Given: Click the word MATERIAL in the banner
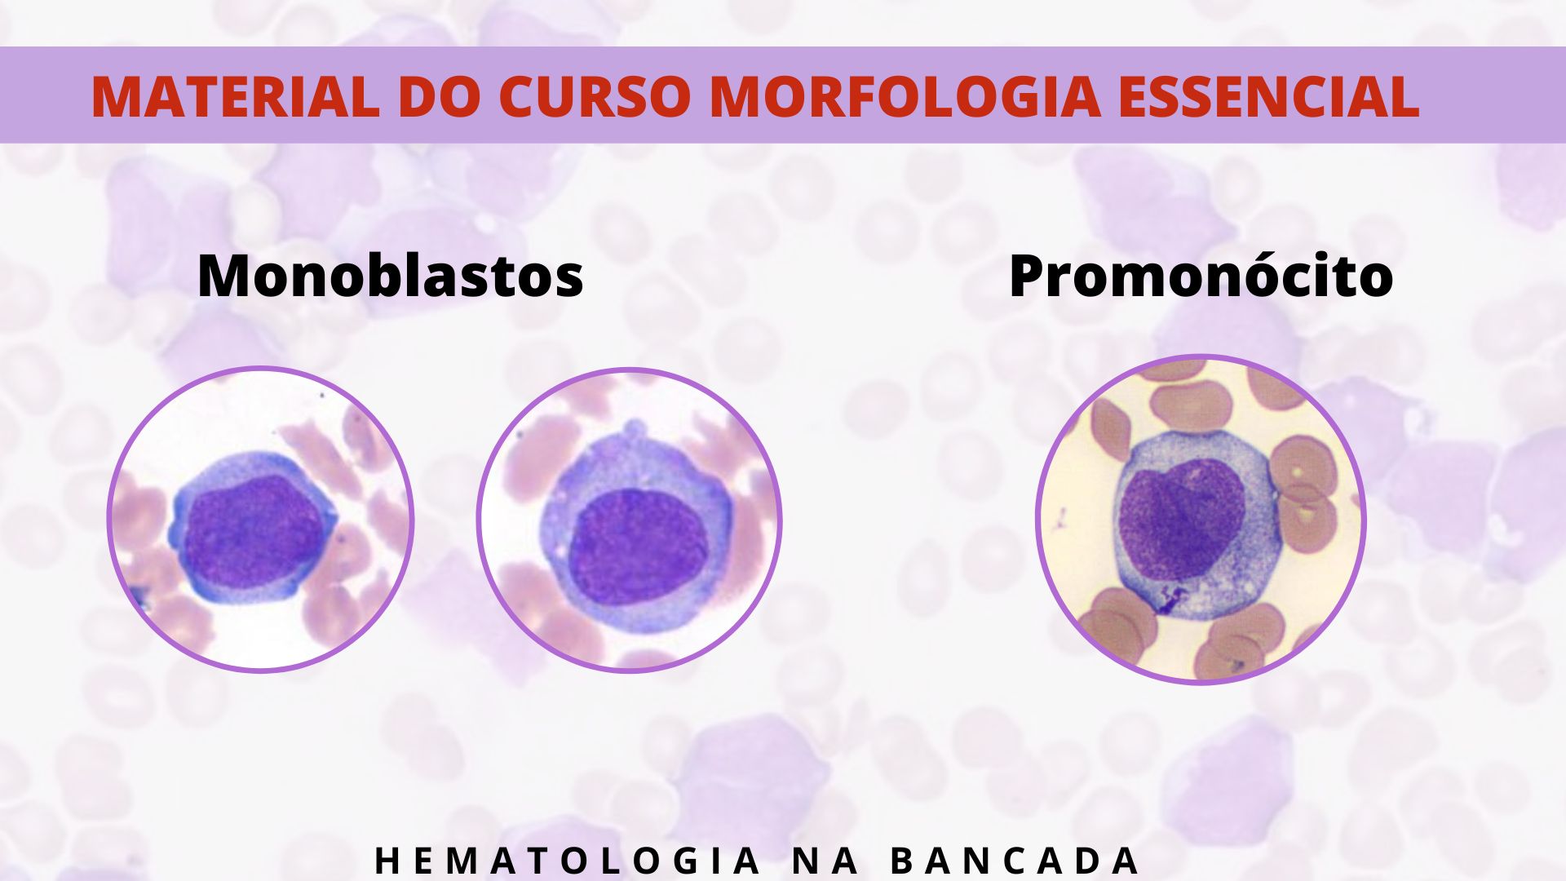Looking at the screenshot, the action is point(235,96).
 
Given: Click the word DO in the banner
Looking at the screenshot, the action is point(439,96).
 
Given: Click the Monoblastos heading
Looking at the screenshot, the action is point(391,277).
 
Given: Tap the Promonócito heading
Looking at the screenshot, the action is point(1201,277).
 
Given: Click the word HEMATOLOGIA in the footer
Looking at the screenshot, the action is point(568,861).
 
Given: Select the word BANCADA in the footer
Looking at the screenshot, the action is point(1014,861).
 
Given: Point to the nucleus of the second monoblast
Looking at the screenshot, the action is point(639,547).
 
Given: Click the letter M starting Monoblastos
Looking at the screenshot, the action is point(223,277).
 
